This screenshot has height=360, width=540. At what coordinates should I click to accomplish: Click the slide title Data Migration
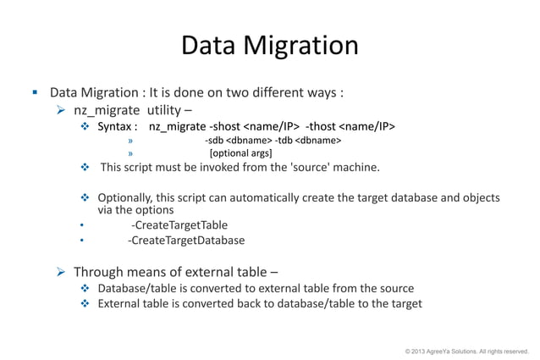point(270,46)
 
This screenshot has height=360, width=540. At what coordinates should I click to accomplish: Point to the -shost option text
point(224,127)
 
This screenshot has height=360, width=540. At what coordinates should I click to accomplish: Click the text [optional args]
point(240,153)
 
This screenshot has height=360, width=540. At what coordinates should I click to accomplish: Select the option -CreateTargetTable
point(179,224)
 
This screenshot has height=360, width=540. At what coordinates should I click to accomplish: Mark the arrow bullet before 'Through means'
point(61,272)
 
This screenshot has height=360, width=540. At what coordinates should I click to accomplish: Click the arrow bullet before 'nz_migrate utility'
point(61,109)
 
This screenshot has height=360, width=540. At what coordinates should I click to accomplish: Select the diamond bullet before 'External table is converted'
point(85,303)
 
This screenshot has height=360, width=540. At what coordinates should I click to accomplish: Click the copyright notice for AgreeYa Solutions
point(466,350)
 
